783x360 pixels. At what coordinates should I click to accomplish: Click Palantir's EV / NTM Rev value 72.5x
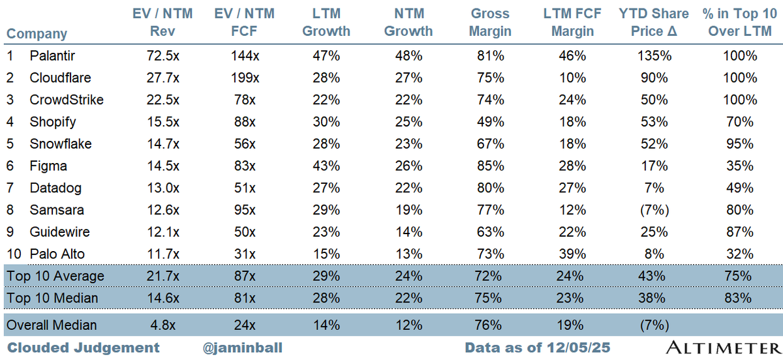coord(163,56)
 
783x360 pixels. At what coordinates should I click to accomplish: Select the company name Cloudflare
coord(60,78)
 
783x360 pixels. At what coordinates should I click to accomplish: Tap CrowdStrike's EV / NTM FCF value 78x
coord(246,100)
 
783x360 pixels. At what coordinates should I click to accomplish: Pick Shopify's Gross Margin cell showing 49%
coord(489,122)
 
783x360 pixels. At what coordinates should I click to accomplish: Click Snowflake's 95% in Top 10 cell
coord(739,143)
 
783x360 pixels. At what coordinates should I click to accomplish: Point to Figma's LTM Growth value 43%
coord(326,166)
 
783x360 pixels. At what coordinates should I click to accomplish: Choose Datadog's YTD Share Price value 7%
coord(653,188)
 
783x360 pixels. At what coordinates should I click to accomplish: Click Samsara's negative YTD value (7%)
coord(653,209)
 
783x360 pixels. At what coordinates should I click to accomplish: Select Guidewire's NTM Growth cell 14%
coord(408,232)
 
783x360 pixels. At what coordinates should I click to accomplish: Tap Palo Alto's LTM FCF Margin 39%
coord(571,254)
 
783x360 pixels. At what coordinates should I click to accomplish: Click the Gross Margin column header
coord(489,23)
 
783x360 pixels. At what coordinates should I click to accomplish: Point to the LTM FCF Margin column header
coord(571,23)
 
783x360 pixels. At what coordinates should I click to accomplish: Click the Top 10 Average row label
coord(55,276)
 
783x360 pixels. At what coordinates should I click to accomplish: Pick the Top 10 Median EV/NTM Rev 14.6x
coord(163,298)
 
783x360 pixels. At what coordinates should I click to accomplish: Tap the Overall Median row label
coord(52,325)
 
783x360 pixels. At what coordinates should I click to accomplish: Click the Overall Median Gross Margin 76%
coord(489,325)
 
